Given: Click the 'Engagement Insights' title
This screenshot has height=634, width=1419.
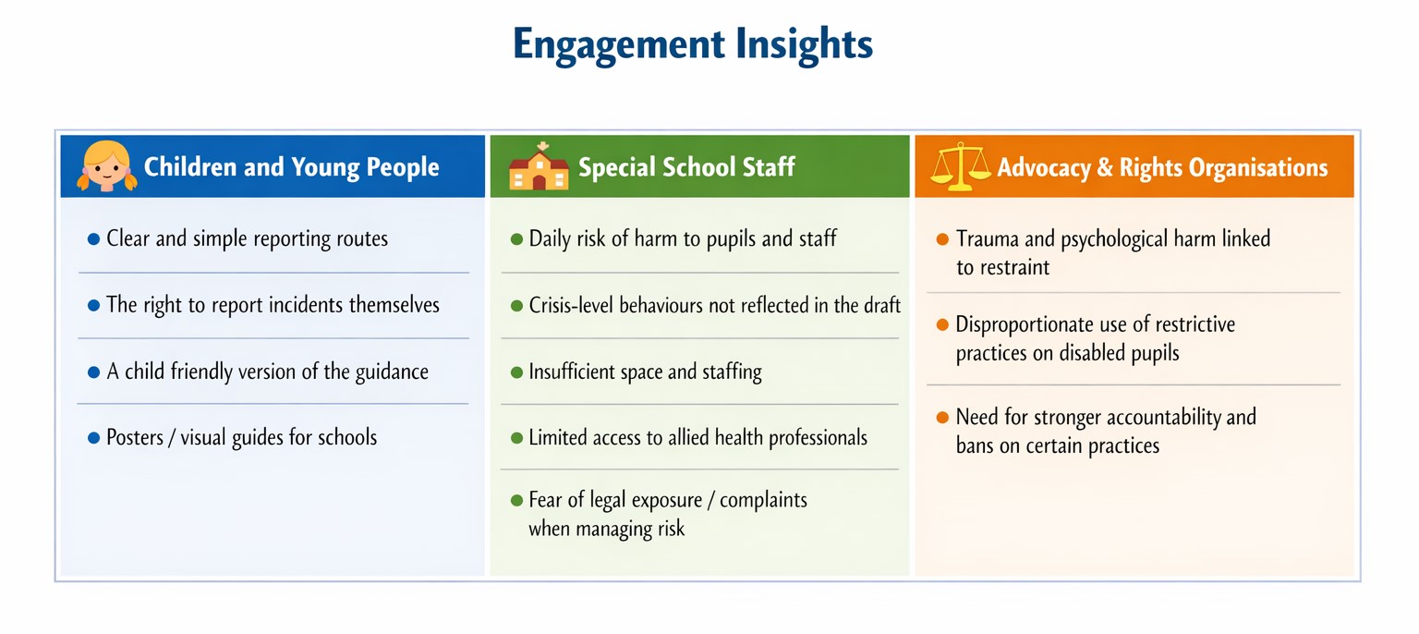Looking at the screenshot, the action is [693, 44].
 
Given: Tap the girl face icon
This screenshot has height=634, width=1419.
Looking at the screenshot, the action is [107, 166].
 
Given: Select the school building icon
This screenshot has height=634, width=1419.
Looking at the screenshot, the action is [539, 166].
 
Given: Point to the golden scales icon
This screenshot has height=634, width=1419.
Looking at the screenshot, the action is [961, 166].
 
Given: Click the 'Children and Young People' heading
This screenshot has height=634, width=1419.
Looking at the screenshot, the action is [291, 167].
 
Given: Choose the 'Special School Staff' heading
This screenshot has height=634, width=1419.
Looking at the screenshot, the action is [686, 167].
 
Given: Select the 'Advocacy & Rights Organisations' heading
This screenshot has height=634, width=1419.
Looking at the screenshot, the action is [1162, 168].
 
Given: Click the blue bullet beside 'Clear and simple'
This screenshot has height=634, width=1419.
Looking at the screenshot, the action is [93, 239].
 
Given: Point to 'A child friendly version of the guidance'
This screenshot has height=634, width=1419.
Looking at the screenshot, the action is [267, 372].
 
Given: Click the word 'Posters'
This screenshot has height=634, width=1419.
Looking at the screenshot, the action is [135, 437].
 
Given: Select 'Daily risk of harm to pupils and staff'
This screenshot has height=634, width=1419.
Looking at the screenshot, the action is [683, 239].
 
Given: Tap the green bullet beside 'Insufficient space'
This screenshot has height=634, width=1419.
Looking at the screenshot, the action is [517, 372].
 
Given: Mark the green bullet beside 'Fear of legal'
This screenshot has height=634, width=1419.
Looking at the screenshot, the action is [517, 500].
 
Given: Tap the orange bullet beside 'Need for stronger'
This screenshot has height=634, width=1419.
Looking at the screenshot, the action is [942, 417].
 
